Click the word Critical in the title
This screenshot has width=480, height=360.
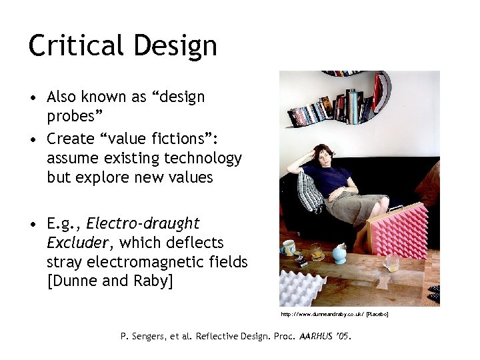tap(74, 45)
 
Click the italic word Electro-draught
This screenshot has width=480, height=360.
tap(143, 223)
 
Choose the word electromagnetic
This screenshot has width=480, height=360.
tap(153, 262)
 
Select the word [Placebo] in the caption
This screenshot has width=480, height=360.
tap(377, 314)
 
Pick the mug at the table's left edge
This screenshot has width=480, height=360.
tap(288, 248)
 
